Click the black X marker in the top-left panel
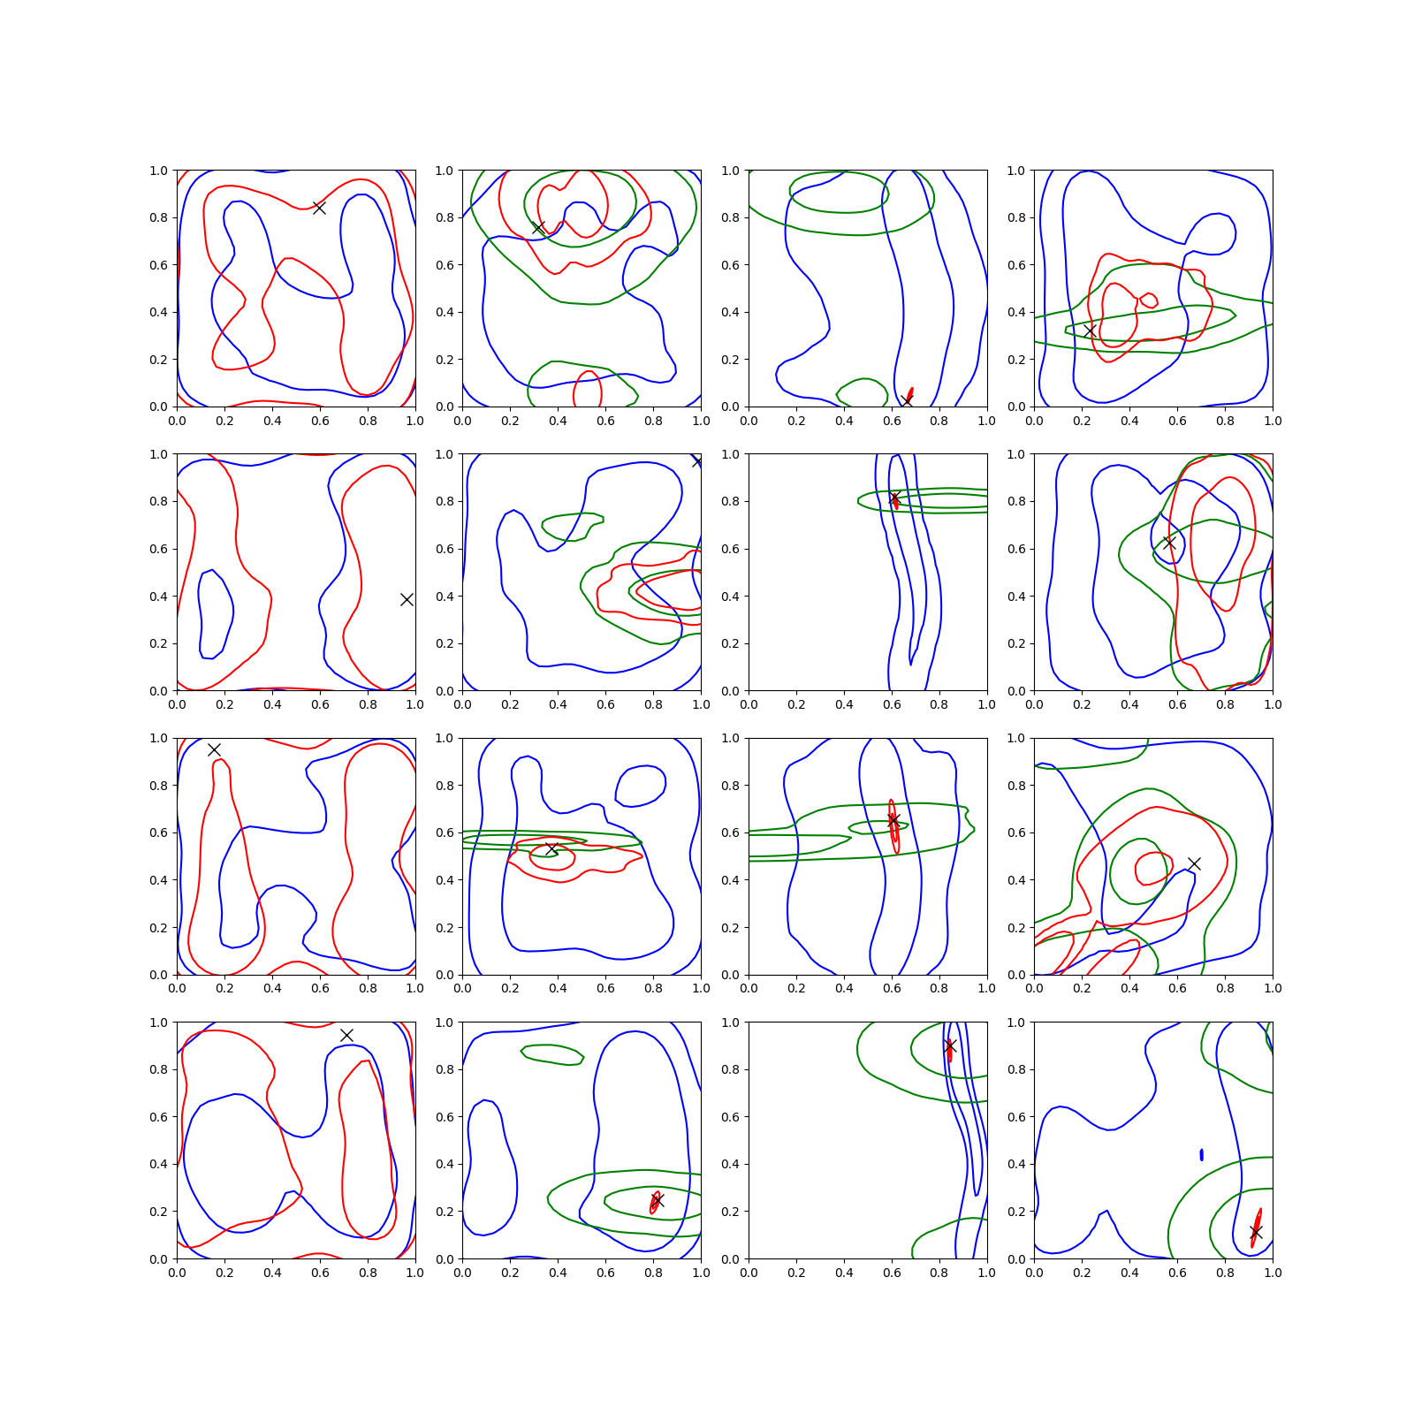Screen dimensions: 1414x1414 319,208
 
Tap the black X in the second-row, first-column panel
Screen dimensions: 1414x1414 407,599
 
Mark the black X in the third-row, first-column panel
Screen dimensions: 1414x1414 214,749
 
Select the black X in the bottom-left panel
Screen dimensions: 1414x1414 346,1035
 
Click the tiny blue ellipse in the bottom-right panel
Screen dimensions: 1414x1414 1202,1154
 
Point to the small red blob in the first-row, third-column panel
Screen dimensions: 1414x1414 909,394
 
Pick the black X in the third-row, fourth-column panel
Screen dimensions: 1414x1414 1194,863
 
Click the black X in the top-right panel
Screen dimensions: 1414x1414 1090,331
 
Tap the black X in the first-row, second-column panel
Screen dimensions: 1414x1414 538,227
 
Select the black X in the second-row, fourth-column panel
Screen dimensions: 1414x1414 1169,543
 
